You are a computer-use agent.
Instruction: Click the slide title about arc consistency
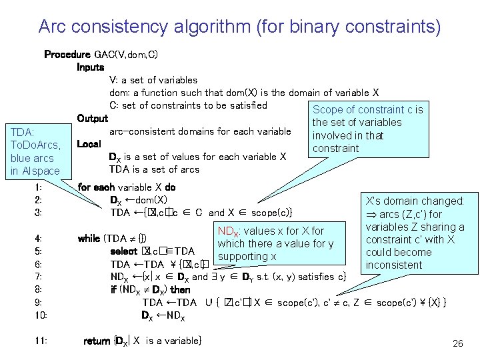tap(239, 27)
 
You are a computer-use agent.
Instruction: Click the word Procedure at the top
tap(67, 54)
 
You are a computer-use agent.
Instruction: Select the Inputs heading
tap(91, 67)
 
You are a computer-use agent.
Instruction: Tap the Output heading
tap(93, 118)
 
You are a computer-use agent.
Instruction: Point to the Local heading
tap(89, 143)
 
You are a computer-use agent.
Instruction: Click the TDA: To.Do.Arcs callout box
tap(36, 151)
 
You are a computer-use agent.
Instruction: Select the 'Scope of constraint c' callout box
tap(367, 129)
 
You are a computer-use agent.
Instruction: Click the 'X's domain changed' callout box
tap(415, 233)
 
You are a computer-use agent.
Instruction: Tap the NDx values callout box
tap(280, 244)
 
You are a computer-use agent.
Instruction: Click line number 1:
tap(38, 187)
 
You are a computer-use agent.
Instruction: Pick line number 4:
tap(38, 238)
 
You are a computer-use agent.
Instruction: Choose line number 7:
tap(38, 277)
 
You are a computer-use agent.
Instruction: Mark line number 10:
tap(40, 315)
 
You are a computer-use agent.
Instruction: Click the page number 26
tap(457, 343)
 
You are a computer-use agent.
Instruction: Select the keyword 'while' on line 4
tap(89, 238)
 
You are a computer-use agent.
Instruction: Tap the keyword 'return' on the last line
tap(97, 341)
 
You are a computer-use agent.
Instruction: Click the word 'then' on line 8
tap(181, 289)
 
